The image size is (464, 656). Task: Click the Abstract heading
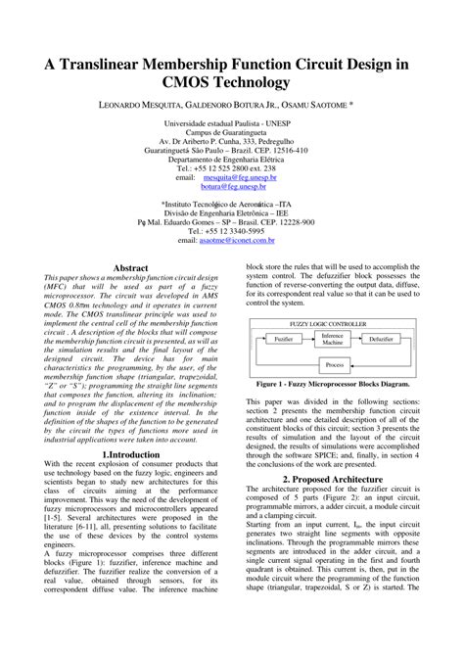coord(131,267)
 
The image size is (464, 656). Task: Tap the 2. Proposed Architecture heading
coord(332,480)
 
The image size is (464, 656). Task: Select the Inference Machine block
coord(333,339)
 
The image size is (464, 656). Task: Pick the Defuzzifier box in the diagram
coord(384,338)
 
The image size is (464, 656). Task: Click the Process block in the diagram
coord(334,365)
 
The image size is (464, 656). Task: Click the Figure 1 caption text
coord(333,385)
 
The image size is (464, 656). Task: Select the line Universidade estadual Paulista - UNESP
coord(232,125)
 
